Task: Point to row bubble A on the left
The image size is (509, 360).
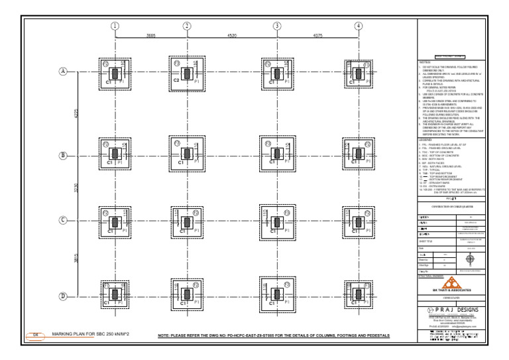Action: pos(64,71)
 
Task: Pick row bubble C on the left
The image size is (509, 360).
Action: pos(64,221)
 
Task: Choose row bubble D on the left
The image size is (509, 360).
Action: pos(64,296)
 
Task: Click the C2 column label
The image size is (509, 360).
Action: pos(176,80)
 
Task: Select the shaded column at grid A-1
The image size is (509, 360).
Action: pos(115,73)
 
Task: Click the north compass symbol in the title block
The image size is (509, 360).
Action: pos(470,259)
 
